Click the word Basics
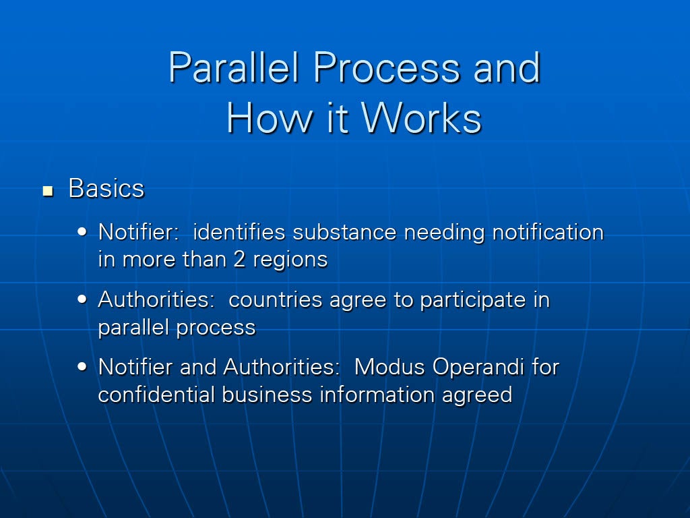click(106, 189)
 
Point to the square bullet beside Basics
click(48, 191)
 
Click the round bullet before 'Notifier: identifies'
click(82, 232)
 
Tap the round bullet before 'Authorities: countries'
click(82, 299)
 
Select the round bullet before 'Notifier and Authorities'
click(82, 366)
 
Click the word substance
click(344, 232)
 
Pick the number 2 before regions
click(239, 259)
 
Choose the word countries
click(276, 300)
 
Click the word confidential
click(156, 394)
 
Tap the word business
click(267, 394)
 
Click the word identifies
click(239, 232)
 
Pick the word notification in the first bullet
click(548, 232)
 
